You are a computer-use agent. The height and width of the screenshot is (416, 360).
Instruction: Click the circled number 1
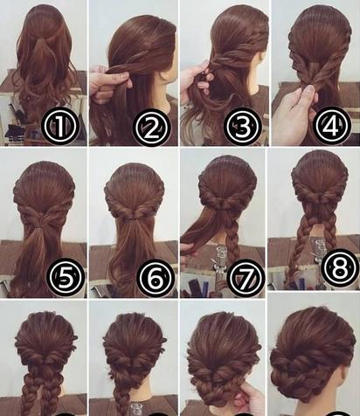pos(59,126)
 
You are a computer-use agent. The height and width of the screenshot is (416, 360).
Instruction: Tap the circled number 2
pos(151,128)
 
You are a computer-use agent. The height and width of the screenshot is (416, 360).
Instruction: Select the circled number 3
pos(242,126)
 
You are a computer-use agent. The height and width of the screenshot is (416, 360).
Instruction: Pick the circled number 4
pos(332,125)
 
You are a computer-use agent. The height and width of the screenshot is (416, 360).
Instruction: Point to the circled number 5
pos(66,276)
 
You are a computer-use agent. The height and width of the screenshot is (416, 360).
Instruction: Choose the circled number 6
pos(156,278)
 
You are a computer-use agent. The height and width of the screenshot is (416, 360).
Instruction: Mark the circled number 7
pos(246,278)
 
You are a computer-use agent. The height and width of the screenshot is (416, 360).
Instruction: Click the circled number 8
pos(340,267)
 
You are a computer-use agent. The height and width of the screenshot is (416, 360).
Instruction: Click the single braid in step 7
pos(232,243)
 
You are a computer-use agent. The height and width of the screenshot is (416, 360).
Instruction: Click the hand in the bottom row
pos(250,398)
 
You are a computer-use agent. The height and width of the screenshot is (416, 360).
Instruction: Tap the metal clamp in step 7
pos(220,260)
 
